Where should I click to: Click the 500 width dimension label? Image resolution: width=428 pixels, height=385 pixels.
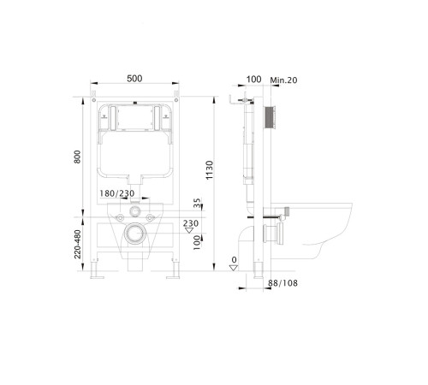pos(134,79)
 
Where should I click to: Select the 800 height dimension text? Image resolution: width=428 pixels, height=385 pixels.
pos(77,157)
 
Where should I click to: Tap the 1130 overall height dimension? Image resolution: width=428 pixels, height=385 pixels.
pos(210,170)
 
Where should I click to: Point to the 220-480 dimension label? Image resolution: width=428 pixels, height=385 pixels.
pos(77,244)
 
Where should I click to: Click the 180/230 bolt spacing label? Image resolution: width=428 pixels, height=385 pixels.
pos(116,193)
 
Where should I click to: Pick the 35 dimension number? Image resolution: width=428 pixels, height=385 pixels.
pos(197,203)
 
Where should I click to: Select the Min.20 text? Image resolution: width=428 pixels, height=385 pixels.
pos(283,80)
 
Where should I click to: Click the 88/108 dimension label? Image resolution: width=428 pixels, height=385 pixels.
pos(282,283)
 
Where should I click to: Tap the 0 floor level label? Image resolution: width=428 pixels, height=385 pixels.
pos(234,260)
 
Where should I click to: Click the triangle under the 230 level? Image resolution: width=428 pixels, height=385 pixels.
pos(189,230)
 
